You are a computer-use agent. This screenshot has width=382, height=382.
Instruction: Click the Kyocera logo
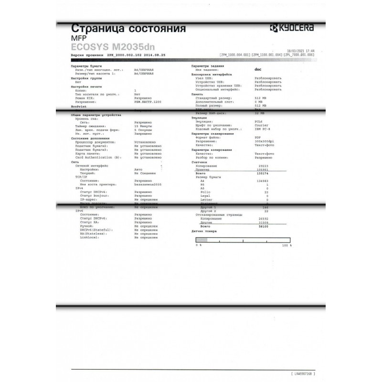tap(291, 28)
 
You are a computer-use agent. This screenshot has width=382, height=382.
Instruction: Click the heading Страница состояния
tap(128, 28)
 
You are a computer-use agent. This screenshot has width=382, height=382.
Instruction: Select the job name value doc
tap(258, 70)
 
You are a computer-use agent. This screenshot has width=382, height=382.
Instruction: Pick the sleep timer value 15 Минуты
tap(145, 126)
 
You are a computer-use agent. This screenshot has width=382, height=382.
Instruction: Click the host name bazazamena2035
tap(149, 183)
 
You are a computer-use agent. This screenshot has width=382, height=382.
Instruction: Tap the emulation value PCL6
tap(259, 121)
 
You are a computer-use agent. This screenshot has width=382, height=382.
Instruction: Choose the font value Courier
tap(261, 125)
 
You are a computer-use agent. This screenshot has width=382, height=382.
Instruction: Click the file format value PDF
tap(258, 137)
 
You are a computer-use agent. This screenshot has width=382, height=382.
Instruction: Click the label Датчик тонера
tap(204, 231)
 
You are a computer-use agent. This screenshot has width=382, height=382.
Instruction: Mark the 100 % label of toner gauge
tap(286, 245)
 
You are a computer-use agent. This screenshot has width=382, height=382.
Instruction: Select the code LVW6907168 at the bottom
tap(303, 372)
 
